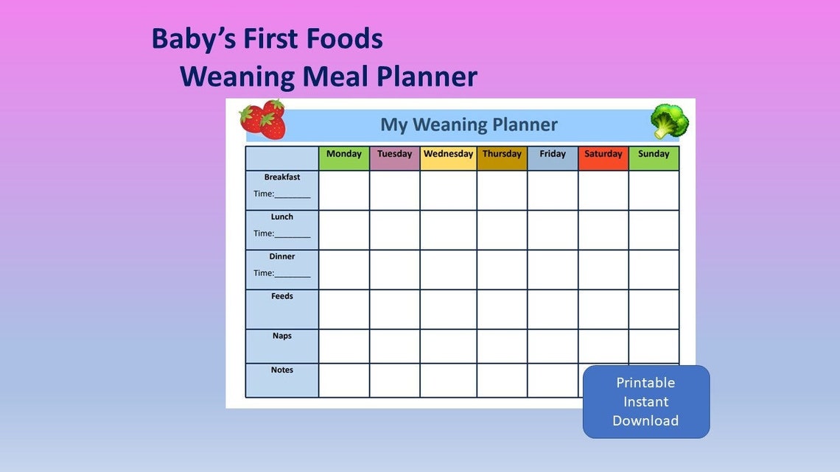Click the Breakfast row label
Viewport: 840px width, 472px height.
(282, 177)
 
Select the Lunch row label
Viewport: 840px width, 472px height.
(282, 217)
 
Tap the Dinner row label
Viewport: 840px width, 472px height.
(282, 257)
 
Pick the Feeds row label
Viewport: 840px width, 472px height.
(282, 297)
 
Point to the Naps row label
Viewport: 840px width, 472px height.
(282, 337)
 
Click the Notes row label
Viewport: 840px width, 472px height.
(282, 370)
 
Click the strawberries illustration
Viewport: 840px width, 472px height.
(263, 119)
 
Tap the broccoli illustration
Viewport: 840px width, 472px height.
(669, 121)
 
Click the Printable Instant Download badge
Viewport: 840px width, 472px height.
(645, 401)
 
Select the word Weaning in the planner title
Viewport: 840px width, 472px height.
(449, 124)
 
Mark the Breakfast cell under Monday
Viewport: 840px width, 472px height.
(344, 191)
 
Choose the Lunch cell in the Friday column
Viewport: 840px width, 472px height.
(553, 230)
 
